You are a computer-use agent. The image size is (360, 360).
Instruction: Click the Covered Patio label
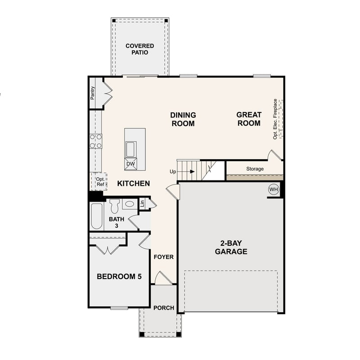tap(139, 49)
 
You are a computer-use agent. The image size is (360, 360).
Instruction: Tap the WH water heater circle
tap(274, 189)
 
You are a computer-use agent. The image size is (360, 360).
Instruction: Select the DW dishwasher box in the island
tap(130, 164)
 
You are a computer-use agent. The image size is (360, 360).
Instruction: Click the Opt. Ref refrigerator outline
tap(100, 181)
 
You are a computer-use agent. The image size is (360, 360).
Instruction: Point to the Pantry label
tap(93, 93)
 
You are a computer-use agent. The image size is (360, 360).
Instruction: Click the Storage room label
tap(255, 169)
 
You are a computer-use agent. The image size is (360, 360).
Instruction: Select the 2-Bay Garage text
tap(231, 247)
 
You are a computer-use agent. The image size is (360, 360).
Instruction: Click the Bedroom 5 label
tap(119, 276)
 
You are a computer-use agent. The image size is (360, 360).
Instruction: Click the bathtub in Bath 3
tap(97, 216)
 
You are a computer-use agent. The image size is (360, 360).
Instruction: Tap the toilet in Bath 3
tap(114, 206)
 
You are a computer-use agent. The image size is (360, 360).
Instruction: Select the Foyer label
tap(164, 257)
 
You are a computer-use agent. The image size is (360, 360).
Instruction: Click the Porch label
tap(164, 308)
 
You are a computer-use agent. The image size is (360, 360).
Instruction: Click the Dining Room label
tap(183, 119)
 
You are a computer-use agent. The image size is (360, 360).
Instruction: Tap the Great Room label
tap(248, 119)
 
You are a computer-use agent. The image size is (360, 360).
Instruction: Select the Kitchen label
tap(134, 184)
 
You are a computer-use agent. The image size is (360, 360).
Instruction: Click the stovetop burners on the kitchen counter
tap(96, 141)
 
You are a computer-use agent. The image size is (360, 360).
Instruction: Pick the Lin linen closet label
tap(142, 203)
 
